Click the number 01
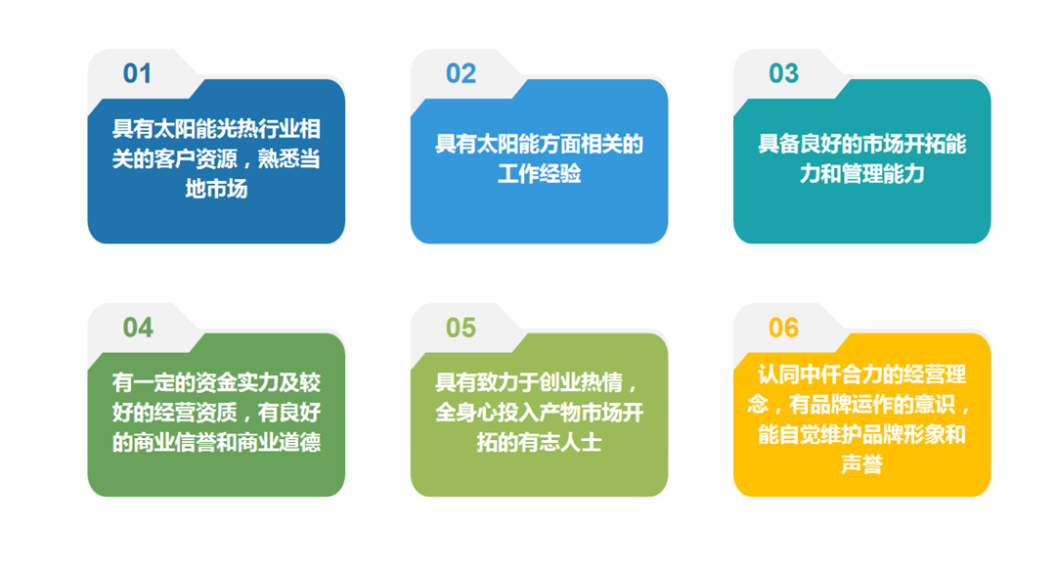tap(137, 73)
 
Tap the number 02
tap(461, 73)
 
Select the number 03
tap(783, 73)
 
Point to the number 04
tap(138, 328)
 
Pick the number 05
tap(461, 328)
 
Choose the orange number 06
tap(783, 328)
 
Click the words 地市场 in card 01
tap(216, 189)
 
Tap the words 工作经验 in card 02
tap(539, 174)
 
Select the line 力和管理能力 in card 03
tap(862, 174)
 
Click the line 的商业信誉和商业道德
tap(216, 442)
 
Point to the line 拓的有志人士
tap(539, 442)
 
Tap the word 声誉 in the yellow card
tap(862, 463)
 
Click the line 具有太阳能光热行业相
tap(216, 129)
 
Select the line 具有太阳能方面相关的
tap(539, 144)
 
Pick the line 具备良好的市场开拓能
tap(862, 144)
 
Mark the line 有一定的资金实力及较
tap(216, 382)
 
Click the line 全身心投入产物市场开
tap(539, 413)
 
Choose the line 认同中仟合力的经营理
tap(862, 374)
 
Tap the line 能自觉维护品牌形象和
tap(862, 434)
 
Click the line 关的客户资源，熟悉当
tap(216, 159)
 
